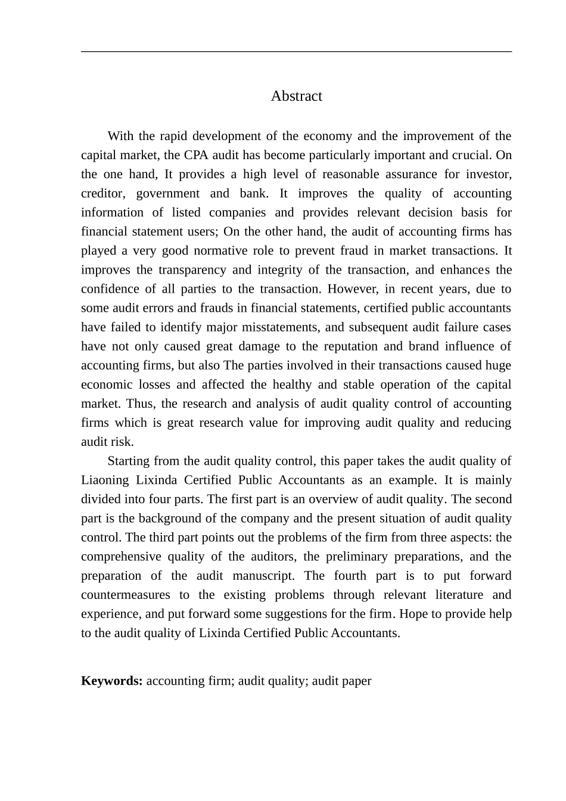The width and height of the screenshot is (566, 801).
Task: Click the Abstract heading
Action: pos(296,96)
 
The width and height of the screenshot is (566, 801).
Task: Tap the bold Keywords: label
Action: pos(111,681)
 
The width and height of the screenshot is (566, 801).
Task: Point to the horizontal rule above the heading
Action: pos(296,52)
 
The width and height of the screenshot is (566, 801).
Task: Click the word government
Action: pos(168,193)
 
